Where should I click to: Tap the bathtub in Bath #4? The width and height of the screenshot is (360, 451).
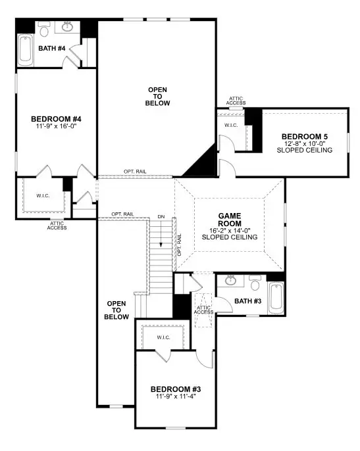tap(25, 49)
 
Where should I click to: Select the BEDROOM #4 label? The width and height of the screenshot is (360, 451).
tap(55, 119)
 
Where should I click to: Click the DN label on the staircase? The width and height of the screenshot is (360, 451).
tap(161, 216)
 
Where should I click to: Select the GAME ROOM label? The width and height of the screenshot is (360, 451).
tap(230, 219)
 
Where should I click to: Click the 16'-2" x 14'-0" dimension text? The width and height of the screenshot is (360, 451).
tap(230, 230)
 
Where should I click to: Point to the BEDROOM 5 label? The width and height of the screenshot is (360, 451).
tap(305, 136)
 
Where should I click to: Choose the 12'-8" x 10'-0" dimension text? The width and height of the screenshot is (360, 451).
tap(305, 143)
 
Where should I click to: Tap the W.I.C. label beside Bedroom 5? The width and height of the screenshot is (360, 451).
tap(231, 125)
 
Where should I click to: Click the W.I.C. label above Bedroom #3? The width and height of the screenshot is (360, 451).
tap(164, 337)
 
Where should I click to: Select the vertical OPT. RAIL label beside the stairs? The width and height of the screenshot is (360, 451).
tap(178, 243)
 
